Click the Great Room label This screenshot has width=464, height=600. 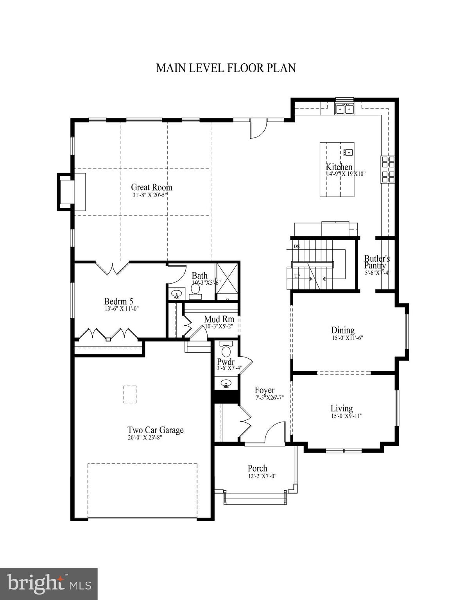(151, 187)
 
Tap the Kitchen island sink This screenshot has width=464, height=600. (348, 152)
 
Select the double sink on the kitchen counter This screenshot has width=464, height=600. (344, 109)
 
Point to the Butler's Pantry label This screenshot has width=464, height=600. (377, 262)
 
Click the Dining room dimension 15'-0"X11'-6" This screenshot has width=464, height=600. (343, 338)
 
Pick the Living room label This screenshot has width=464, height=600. (342, 408)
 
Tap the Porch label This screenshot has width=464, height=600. (257, 468)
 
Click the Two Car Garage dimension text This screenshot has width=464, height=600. (145, 437)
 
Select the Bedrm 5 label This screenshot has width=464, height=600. (118, 301)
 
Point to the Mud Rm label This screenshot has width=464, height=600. (219, 319)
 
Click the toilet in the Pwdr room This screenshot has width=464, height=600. (226, 348)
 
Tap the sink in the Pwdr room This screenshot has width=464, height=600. (226, 384)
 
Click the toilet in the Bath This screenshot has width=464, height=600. (195, 289)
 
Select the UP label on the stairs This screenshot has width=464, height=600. (297, 276)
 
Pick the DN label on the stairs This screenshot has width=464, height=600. (297, 246)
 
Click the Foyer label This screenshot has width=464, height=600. (265, 390)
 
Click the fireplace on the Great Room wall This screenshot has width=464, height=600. (66, 192)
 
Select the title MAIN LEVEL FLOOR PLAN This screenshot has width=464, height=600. (226, 68)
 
